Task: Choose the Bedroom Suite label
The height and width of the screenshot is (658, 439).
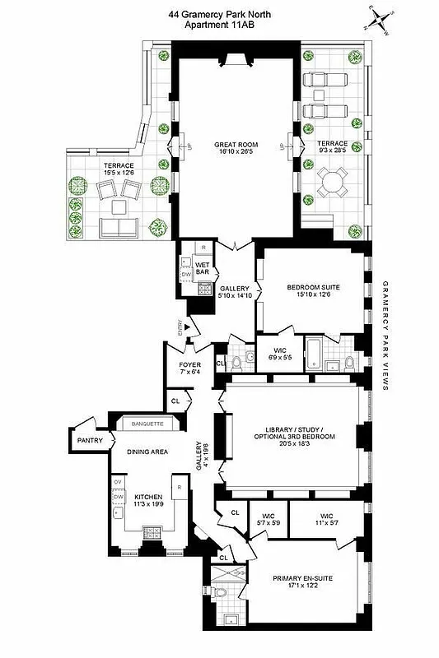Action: (x=313, y=291)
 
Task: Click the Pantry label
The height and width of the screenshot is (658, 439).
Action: (x=87, y=441)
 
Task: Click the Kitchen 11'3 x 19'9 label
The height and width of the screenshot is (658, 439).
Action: (x=149, y=501)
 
